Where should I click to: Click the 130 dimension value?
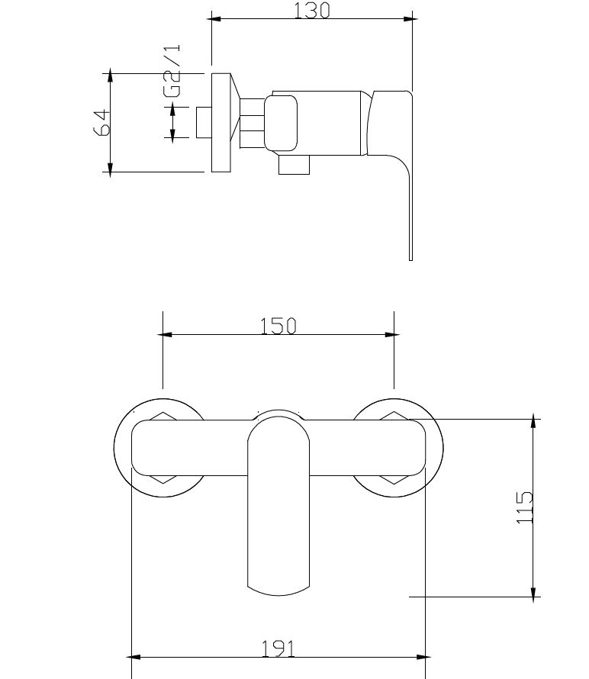click(311, 11)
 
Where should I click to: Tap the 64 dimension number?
click(102, 123)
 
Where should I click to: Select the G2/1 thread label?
click(172, 71)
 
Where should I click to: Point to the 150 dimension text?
click(278, 326)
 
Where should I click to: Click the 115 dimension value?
click(524, 507)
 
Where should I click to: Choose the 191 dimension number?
click(278, 648)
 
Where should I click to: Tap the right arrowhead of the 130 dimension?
click(410, 18)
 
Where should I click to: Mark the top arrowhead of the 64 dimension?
click(111, 76)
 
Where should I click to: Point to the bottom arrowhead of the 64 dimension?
click(111, 169)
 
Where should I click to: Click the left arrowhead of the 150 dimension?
click(165, 334)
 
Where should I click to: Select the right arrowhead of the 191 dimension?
click(423, 657)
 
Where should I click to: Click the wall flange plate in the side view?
click(221, 123)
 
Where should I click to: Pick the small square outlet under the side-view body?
click(294, 165)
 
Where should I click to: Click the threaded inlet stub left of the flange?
click(204, 123)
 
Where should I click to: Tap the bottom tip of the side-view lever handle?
click(410, 260)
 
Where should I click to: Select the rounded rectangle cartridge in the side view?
click(281, 124)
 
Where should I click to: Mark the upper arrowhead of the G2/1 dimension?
click(172, 110)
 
